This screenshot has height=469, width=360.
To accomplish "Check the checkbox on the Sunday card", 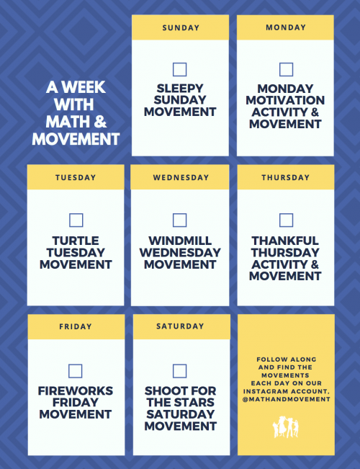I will coord(180,70).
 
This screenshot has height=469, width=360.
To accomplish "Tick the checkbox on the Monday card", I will coord(286,70).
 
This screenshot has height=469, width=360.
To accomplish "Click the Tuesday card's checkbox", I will coord(76,220).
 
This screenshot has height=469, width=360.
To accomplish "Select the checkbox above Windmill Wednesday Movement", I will coord(180,220).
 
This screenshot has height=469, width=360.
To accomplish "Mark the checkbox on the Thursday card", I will coord(286,220).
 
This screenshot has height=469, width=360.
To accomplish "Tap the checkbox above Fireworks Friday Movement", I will coord(76,371).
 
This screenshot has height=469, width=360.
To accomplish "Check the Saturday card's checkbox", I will coord(180,371).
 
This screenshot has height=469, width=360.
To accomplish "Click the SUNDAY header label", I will coord(181,28).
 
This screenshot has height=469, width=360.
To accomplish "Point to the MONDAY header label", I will coord(286,28).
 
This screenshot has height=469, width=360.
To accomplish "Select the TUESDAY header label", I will coord(76,177).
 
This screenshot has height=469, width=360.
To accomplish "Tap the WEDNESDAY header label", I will coord(181,177).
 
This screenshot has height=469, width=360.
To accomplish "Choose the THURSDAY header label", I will coord(286,177).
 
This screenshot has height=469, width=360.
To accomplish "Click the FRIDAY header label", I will coord(76,326).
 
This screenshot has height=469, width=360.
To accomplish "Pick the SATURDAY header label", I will coord(181,326).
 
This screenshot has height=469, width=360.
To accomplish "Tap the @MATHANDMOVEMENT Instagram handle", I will coord(286,398).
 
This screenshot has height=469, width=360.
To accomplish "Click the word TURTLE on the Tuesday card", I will coord(76,241).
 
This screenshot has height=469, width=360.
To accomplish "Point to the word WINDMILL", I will coord(180,241).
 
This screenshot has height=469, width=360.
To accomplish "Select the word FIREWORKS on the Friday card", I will coord(76,391).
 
